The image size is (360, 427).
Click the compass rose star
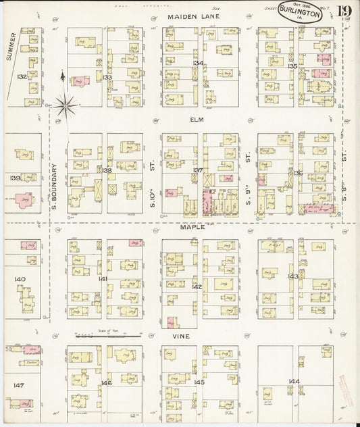[65, 105]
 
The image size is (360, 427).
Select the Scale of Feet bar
[109, 335]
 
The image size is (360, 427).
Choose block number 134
[197, 63]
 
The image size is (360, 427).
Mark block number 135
[292, 66]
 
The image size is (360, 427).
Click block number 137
[199, 170]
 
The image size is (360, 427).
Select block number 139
[16, 178]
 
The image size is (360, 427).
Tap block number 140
[20, 278]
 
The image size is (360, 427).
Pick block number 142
[197, 286]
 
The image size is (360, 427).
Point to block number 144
[293, 382]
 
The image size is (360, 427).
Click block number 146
[105, 383]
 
